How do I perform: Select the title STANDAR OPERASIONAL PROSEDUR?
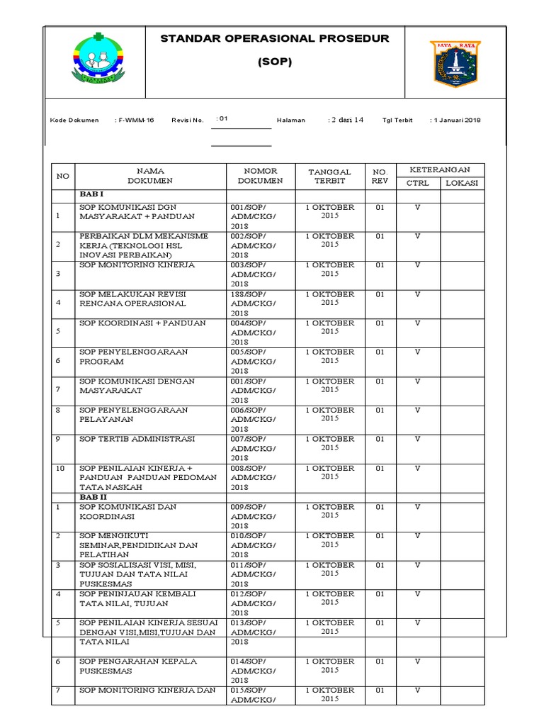point(275,38)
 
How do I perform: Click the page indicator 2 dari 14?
point(347,120)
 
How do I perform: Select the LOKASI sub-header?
point(462,183)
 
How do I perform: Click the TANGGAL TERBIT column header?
point(330,176)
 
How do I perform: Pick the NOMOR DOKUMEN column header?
point(260,176)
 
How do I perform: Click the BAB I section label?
point(91,194)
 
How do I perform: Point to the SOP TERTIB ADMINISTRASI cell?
point(137,440)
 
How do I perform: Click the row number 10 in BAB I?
point(60,469)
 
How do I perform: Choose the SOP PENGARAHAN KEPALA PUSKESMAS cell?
point(137,666)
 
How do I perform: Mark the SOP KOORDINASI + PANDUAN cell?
point(142,323)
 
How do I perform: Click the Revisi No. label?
point(187,121)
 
